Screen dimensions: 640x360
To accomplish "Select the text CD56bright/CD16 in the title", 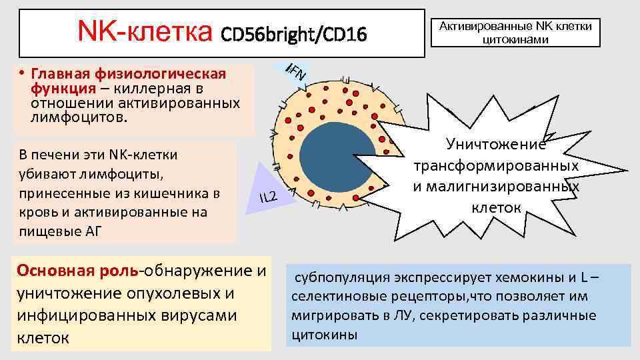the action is click(293, 33).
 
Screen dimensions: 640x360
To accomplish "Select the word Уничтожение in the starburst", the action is click(496, 143).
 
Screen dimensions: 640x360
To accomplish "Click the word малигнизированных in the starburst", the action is click(496, 185).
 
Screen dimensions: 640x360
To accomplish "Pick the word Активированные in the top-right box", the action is click(486, 26).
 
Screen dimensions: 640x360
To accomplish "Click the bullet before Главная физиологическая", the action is click(22, 73).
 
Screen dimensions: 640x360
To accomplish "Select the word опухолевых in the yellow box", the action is click(174, 293).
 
